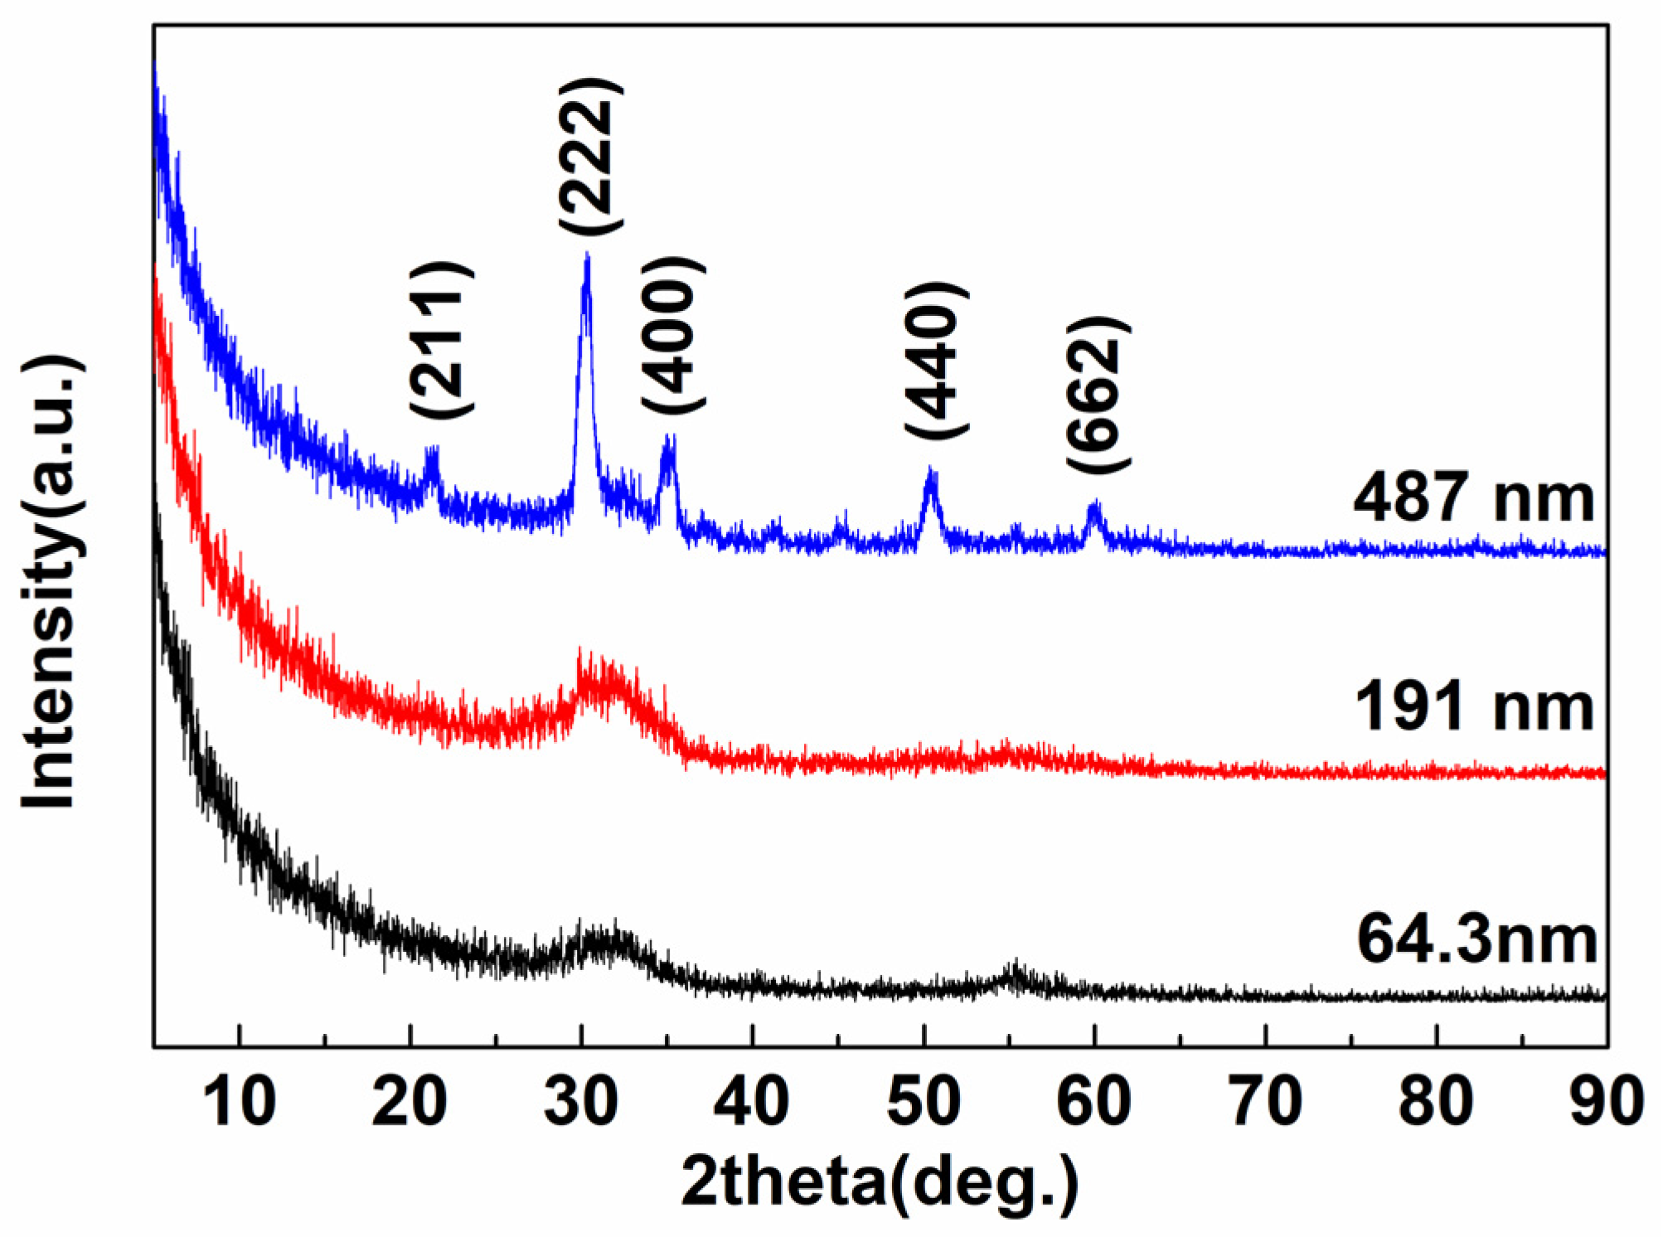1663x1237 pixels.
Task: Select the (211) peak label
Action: [442, 339]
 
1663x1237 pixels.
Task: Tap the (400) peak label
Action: [673, 335]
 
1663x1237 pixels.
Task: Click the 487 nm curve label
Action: [1473, 498]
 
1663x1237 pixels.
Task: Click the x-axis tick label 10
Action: [239, 1101]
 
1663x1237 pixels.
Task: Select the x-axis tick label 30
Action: [581, 1101]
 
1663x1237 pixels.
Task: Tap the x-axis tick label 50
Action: [924, 1101]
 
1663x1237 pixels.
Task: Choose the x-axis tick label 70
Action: [1266, 1101]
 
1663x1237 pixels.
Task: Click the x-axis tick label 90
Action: [1607, 1101]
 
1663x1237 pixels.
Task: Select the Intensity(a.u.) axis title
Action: [51, 582]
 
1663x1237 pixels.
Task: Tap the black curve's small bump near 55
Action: [1013, 969]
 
